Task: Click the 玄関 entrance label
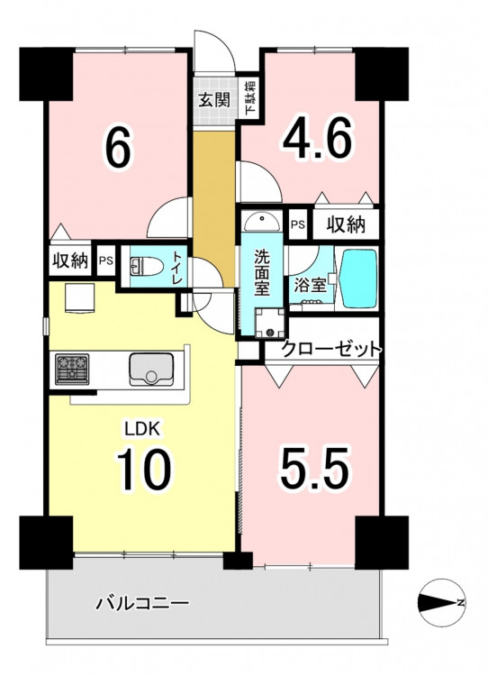(x=214, y=100)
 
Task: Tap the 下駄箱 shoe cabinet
(x=250, y=97)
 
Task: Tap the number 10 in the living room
(x=142, y=470)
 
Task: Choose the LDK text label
(x=142, y=429)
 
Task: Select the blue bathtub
(x=358, y=279)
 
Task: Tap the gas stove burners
(x=72, y=369)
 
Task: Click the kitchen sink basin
(x=151, y=370)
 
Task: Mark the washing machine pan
(x=269, y=323)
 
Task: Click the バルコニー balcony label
(x=142, y=602)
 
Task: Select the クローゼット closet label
(x=330, y=348)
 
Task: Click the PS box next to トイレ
(x=106, y=260)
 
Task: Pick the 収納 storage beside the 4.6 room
(x=346, y=224)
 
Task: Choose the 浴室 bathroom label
(x=310, y=286)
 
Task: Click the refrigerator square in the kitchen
(x=79, y=297)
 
